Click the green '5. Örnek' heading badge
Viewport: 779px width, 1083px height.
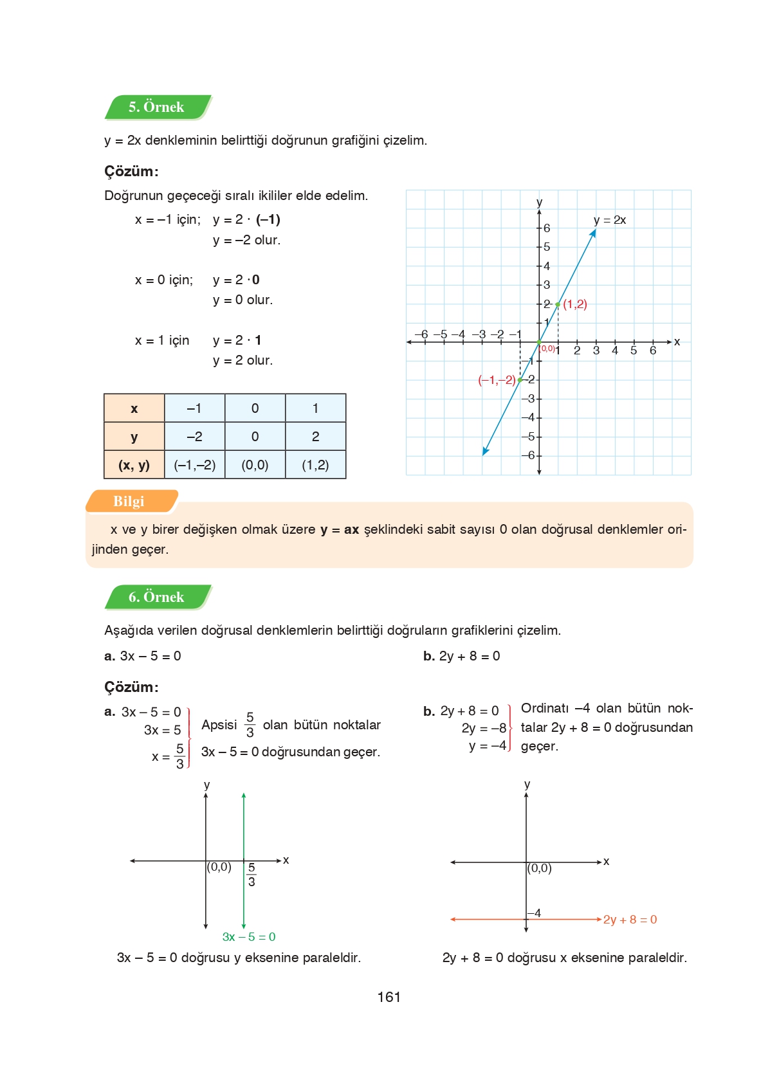[x=157, y=107]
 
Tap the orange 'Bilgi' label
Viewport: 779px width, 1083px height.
[x=129, y=502]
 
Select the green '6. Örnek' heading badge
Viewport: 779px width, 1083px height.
[x=157, y=597]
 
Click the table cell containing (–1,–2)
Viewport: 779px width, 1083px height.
[x=195, y=465]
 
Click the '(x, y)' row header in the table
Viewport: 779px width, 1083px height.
[x=134, y=465]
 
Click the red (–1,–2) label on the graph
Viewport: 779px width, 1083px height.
[x=497, y=380]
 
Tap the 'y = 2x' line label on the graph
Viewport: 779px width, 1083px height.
[x=609, y=220]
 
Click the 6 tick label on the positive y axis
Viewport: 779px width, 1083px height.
[x=547, y=228]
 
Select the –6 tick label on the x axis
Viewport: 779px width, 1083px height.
[x=421, y=334]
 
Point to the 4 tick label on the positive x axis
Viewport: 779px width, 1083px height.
[x=615, y=350]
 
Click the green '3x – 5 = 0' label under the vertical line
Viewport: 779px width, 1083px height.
[x=249, y=937]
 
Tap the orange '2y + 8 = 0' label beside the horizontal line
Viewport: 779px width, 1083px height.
[x=630, y=920]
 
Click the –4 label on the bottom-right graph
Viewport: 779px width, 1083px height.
[x=535, y=913]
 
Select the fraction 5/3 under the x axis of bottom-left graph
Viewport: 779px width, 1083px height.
[x=252, y=875]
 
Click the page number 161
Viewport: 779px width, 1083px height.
[x=389, y=997]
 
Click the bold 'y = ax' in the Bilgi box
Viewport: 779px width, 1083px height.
[x=340, y=530]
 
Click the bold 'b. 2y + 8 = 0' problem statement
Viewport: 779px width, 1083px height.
[x=461, y=656]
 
